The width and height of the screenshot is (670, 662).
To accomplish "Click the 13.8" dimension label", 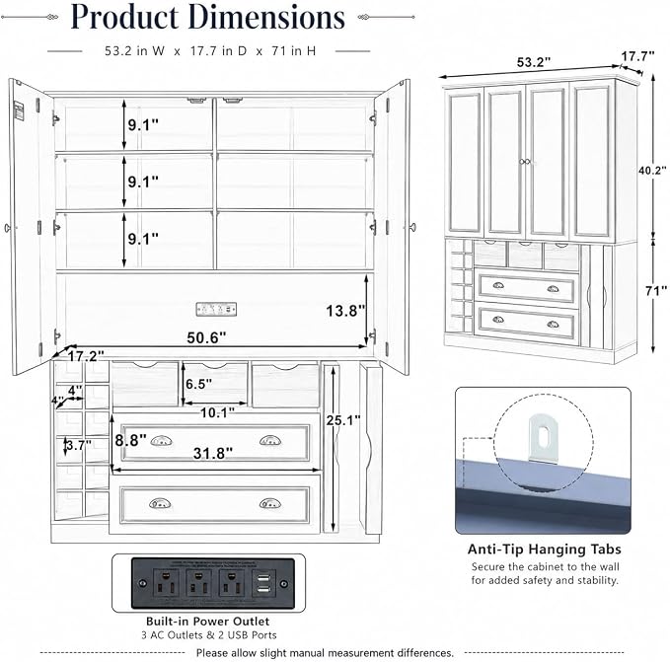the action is [345, 311].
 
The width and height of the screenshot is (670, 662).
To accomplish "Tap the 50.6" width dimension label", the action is [206, 337].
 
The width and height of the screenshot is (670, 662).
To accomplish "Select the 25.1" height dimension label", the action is [343, 420].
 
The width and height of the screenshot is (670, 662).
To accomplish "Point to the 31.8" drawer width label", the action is [213, 453].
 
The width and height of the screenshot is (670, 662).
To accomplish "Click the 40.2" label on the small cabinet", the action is [652, 171].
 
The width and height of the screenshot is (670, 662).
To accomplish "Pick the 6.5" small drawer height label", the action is [198, 384].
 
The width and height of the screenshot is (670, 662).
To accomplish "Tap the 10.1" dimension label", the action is [217, 412].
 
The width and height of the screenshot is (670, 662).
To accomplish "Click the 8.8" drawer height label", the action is [130, 440].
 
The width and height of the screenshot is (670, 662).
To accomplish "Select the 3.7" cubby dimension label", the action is [79, 446].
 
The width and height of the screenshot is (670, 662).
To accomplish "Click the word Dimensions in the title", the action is [266, 17].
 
